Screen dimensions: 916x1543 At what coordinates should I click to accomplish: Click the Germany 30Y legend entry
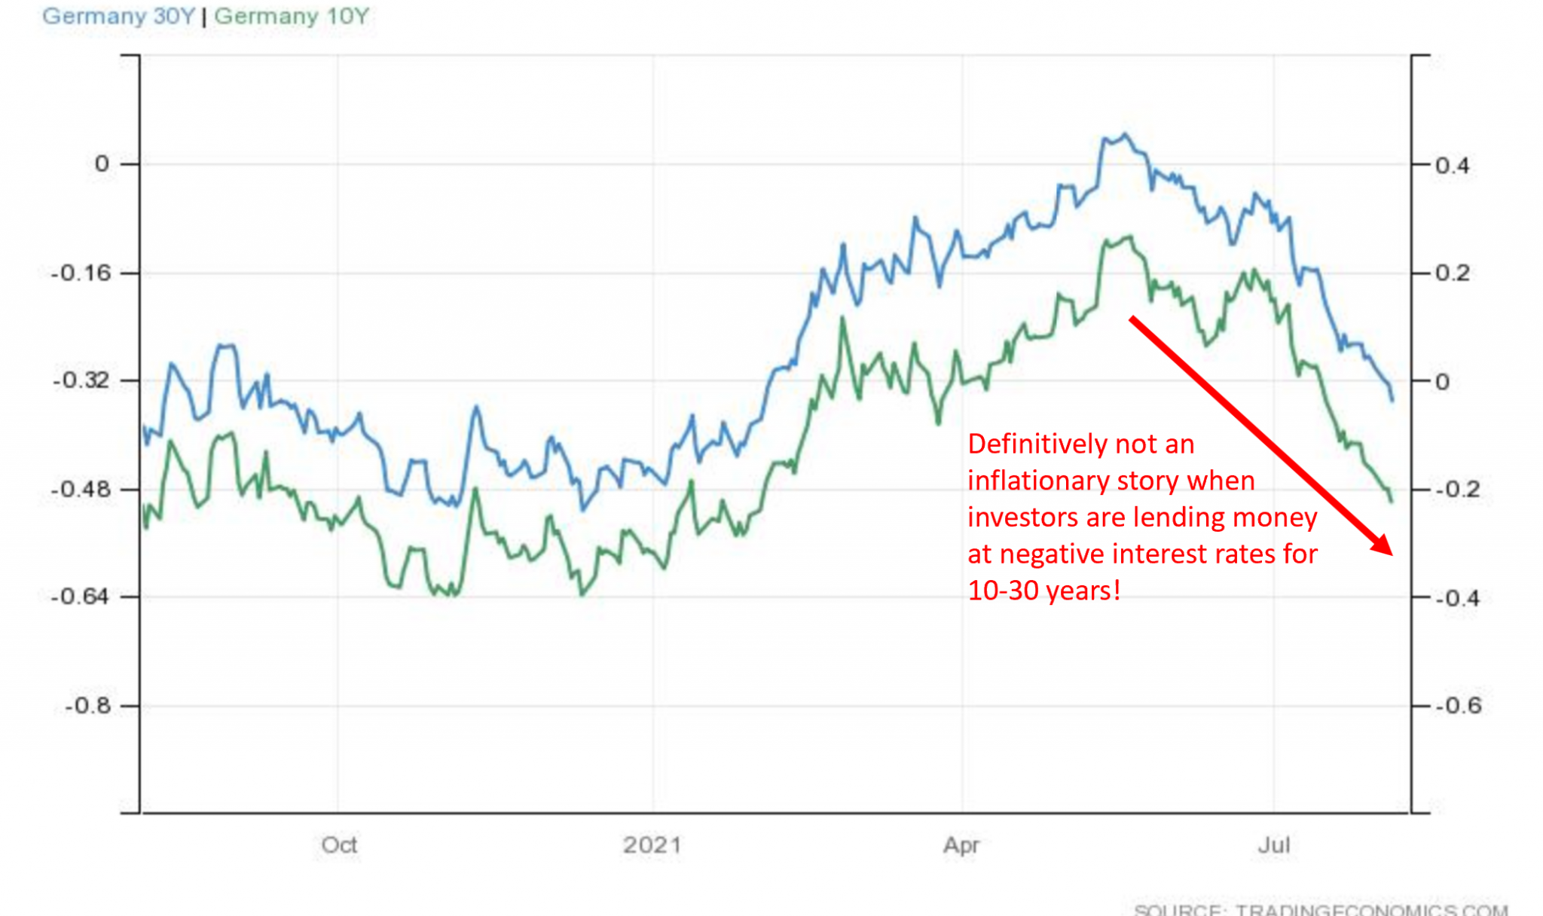pos(118,16)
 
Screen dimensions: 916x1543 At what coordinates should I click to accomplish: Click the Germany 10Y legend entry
pos(292,16)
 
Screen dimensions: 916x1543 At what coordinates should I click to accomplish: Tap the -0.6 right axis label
pos(1458,706)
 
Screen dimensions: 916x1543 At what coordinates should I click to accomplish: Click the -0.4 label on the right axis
pos(1458,598)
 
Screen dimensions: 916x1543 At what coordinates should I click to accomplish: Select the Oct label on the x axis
pos(339,845)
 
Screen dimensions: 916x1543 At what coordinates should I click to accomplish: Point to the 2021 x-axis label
pos(652,845)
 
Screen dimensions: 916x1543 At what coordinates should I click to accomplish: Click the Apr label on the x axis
pos(961,845)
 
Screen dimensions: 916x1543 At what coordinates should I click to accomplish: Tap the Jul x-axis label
pos(1274,845)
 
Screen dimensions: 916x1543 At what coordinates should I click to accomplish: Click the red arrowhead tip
pos(1392,554)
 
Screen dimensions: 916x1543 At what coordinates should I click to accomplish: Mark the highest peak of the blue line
pos(1126,135)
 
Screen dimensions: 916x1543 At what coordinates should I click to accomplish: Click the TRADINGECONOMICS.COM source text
pos(1371,910)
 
